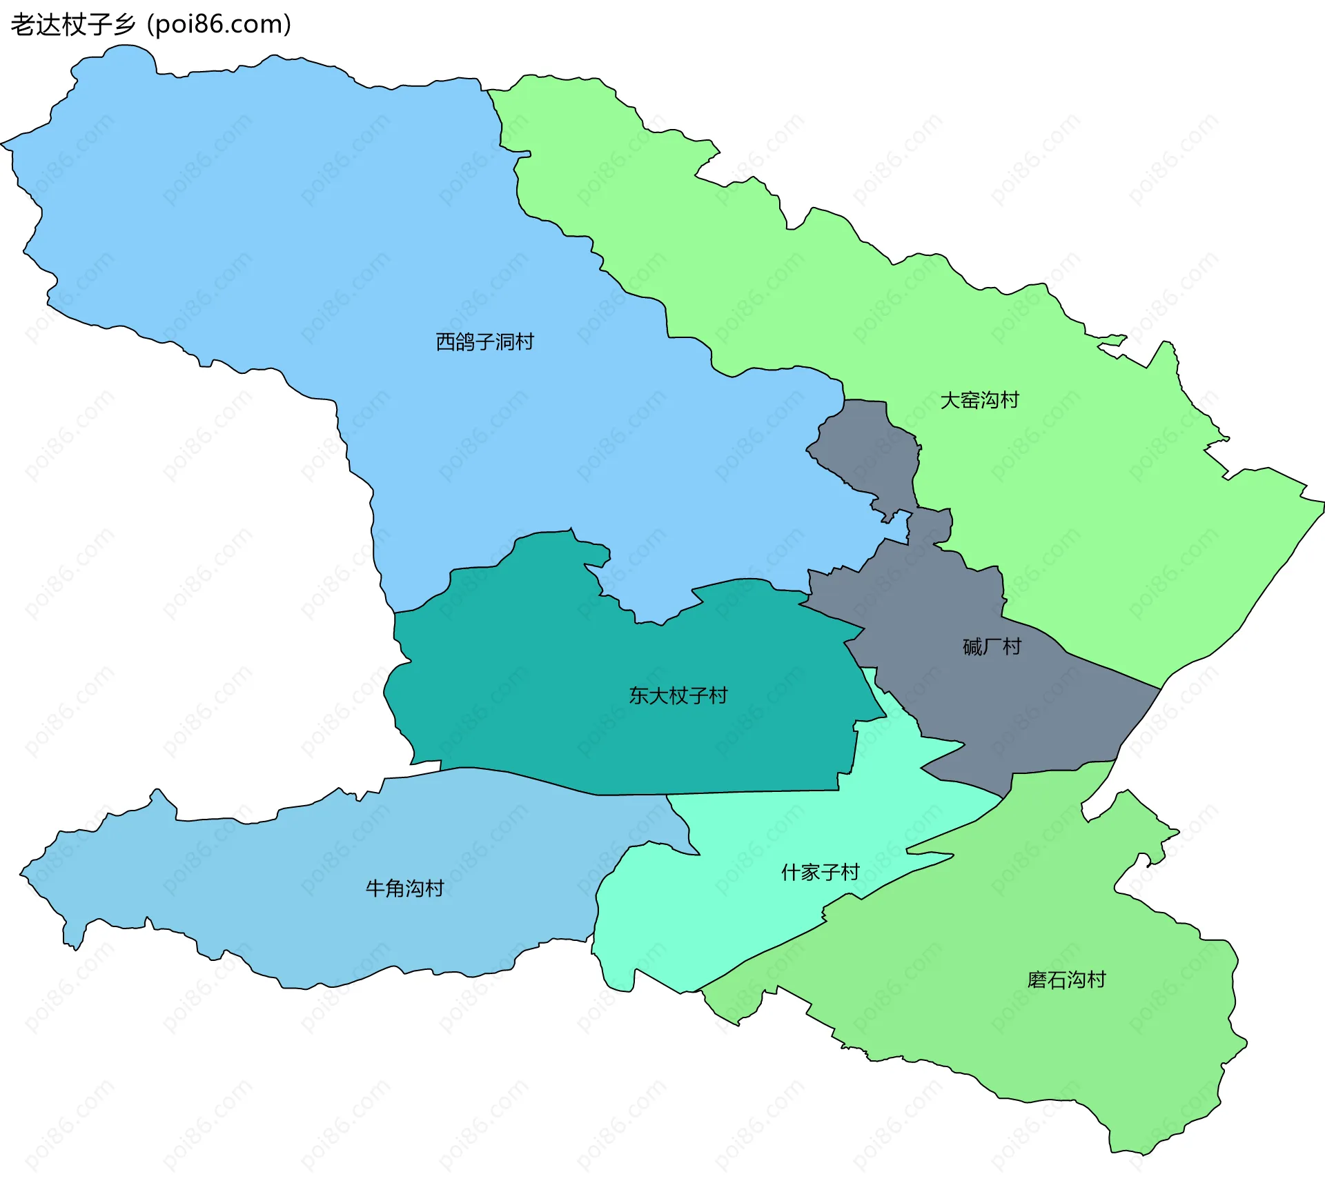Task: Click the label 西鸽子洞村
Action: (x=484, y=341)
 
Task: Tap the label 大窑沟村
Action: (x=979, y=400)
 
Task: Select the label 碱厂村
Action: (x=992, y=646)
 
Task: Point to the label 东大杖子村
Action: (x=678, y=695)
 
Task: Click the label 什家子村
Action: (x=820, y=873)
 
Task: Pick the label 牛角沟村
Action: (x=404, y=889)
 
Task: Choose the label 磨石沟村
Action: (x=1066, y=980)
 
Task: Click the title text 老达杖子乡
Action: (x=72, y=25)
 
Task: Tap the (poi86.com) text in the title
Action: (x=219, y=25)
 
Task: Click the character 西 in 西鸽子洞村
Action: (x=445, y=341)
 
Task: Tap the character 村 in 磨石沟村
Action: (x=1097, y=980)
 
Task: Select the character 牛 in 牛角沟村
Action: (x=375, y=889)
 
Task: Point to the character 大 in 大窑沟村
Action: (x=950, y=400)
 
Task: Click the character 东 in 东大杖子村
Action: (x=638, y=695)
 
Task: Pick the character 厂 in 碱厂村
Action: (x=992, y=646)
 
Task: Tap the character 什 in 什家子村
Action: (x=790, y=873)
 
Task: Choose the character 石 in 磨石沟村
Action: (x=1057, y=980)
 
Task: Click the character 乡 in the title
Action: (x=125, y=25)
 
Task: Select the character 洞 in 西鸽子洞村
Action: (x=504, y=341)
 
